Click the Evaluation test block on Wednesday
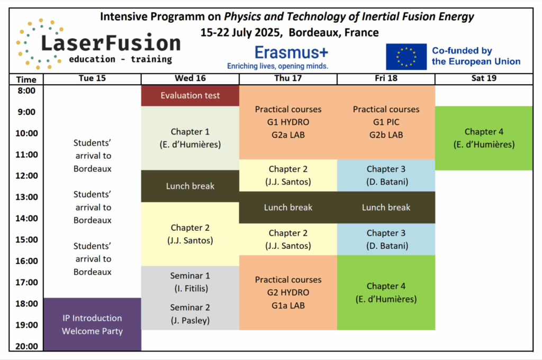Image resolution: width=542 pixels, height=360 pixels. click(x=190, y=95)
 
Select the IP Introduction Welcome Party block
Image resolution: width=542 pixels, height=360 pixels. click(x=92, y=325)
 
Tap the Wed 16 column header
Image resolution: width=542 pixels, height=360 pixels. click(x=190, y=78)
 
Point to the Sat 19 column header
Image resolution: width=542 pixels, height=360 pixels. click(x=484, y=78)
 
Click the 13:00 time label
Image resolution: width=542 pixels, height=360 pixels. click(x=26, y=197)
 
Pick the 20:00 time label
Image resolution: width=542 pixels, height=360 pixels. click(x=26, y=346)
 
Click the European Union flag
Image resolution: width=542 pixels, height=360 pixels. click(x=406, y=57)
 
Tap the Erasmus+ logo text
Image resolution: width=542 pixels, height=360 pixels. click(x=292, y=52)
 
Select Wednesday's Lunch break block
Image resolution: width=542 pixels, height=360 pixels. click(x=190, y=186)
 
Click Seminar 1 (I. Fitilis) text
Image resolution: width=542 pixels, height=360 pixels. click(x=190, y=282)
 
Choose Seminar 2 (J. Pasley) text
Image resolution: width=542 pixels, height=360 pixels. click(x=190, y=314)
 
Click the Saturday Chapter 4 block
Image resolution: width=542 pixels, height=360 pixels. click(x=484, y=138)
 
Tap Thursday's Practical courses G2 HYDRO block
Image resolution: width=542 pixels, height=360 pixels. click(x=288, y=293)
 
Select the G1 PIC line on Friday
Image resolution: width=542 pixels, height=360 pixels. click(x=386, y=122)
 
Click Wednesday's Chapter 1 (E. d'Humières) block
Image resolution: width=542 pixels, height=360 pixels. click(x=190, y=138)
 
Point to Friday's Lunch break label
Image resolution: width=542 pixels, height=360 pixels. click(x=386, y=208)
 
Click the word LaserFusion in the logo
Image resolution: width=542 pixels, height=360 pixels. click(x=111, y=43)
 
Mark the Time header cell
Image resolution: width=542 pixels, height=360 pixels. click(x=26, y=79)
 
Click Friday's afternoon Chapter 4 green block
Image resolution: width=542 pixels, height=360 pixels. click(x=386, y=293)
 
